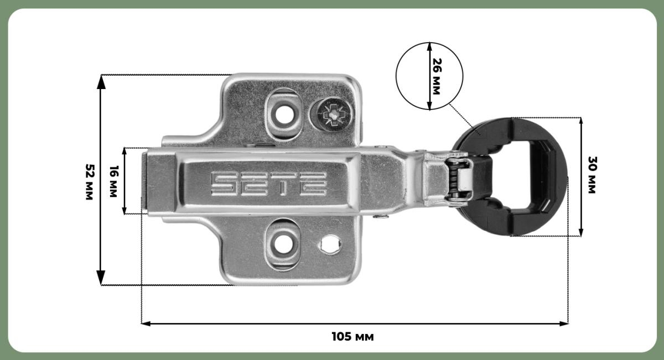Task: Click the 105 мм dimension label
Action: coord(352,337)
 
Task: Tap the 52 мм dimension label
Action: coord(90,181)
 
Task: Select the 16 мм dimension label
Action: coord(113,181)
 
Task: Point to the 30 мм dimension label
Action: coord(592,175)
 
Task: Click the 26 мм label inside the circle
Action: coord(437,76)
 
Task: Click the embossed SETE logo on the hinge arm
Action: coord(269,184)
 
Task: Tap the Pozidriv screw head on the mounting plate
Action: coord(334,114)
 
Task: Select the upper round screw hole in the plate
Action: coord(284,114)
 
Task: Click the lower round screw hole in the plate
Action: coord(283,244)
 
